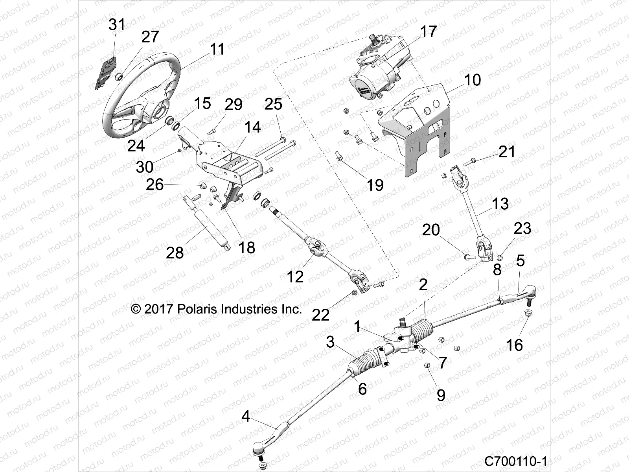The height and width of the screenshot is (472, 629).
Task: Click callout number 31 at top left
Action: (116, 24)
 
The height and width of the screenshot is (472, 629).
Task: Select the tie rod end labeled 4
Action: (267, 437)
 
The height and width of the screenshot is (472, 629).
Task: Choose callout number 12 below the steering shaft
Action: (295, 277)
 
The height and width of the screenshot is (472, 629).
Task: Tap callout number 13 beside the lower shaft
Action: (500, 204)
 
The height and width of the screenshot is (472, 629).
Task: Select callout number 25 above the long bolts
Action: (273, 104)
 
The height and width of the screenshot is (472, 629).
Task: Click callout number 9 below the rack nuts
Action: (441, 395)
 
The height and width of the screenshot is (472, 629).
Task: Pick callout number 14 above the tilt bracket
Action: (252, 127)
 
